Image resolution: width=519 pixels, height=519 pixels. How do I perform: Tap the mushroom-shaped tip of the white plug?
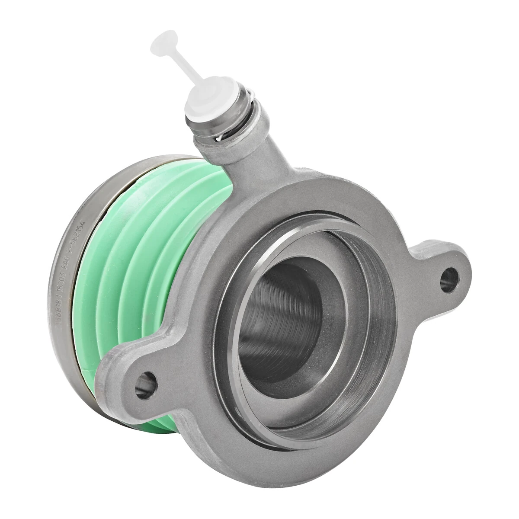tap(163, 42)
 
